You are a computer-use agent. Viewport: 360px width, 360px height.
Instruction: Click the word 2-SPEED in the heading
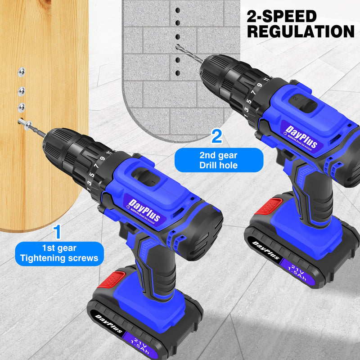click(x=282, y=17)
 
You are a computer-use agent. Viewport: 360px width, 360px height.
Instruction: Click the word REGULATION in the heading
click(x=301, y=31)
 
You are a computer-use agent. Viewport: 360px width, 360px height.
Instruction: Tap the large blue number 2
click(x=217, y=136)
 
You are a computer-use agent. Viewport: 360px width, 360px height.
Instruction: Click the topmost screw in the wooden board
click(x=21, y=71)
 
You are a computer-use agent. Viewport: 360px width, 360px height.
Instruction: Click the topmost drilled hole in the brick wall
click(x=178, y=10)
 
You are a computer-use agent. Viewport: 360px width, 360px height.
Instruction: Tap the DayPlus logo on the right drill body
click(x=301, y=137)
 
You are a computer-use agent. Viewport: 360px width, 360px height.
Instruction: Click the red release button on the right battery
click(x=269, y=206)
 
